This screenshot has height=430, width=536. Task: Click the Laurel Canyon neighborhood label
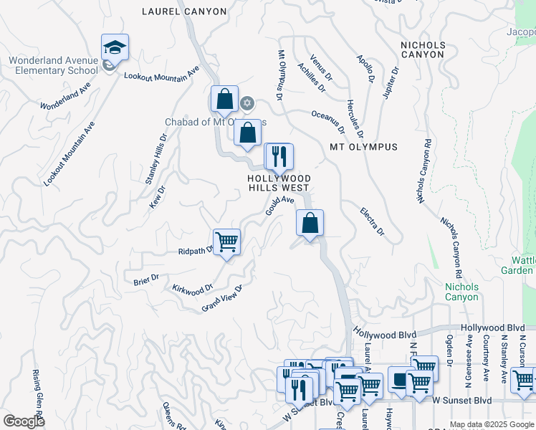click(x=184, y=11)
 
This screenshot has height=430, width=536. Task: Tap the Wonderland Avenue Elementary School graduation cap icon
click(x=115, y=47)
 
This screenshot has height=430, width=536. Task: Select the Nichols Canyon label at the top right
click(x=423, y=49)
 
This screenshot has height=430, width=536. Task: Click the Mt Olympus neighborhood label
click(x=363, y=147)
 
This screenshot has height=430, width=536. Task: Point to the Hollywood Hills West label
click(x=279, y=183)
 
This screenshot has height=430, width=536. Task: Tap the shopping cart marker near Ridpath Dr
click(x=227, y=242)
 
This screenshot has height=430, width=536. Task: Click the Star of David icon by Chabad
click(x=247, y=103)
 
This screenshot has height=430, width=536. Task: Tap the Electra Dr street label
click(x=373, y=221)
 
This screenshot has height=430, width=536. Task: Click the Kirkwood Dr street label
click(x=193, y=289)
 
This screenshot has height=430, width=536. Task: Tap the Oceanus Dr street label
click(x=328, y=123)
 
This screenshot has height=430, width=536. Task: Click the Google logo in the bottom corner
click(x=24, y=421)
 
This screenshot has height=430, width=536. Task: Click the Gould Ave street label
click(x=280, y=206)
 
